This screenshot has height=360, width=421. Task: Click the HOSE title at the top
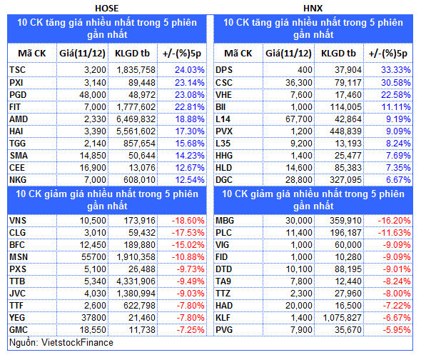click(x=106, y=9)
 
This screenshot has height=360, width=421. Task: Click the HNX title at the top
click(x=313, y=9)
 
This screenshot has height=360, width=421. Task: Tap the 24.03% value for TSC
click(x=190, y=70)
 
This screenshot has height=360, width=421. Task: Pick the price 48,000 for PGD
click(x=93, y=95)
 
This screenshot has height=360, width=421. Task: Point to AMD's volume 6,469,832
click(x=136, y=119)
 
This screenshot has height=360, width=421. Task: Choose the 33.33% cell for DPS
click(x=396, y=70)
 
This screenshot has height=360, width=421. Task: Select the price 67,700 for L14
click(x=299, y=119)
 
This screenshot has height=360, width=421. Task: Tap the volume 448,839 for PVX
click(x=345, y=131)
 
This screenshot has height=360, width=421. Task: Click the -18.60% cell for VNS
click(x=188, y=221)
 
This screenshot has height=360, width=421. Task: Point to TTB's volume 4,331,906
click(x=136, y=281)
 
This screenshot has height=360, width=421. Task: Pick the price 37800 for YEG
click(x=93, y=318)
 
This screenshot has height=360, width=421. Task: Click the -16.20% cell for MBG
click(x=394, y=221)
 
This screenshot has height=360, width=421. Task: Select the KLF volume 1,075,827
click(x=342, y=318)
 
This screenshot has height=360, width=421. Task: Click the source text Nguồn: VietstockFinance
click(x=61, y=343)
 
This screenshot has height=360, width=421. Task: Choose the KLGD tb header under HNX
click(x=338, y=54)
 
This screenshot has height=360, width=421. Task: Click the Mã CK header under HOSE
click(x=32, y=54)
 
